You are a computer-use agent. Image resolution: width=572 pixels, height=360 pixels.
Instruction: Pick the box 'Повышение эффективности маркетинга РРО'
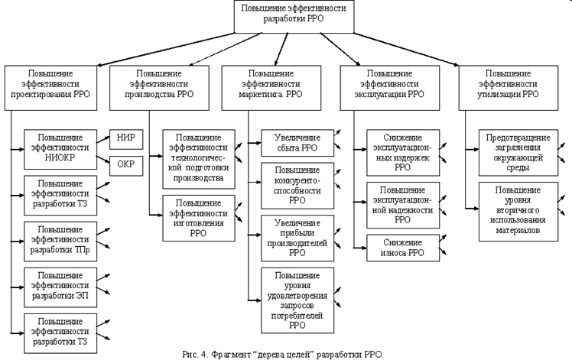(x=275, y=83)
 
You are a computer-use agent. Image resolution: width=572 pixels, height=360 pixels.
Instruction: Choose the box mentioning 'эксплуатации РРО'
(x=392, y=83)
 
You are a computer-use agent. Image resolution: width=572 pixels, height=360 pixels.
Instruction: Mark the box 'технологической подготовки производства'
(x=198, y=157)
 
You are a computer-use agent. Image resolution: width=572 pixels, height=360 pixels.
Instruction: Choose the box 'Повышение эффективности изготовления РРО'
(x=198, y=219)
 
